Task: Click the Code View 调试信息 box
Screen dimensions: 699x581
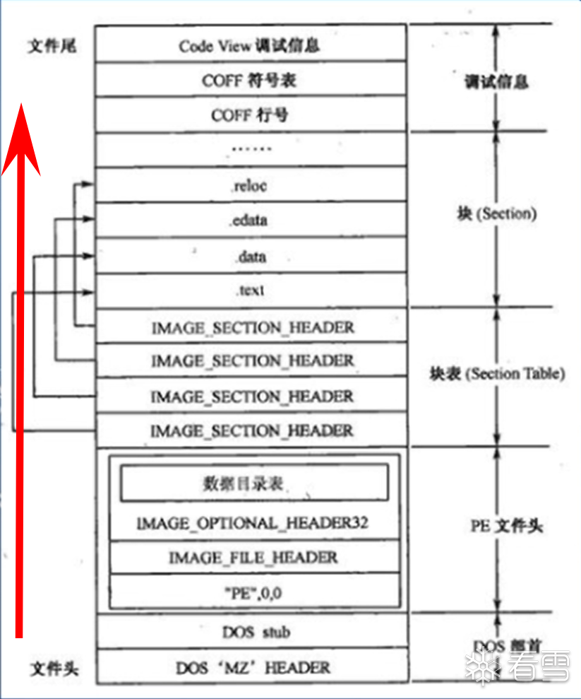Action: (x=250, y=46)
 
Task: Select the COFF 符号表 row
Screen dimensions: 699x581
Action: (x=250, y=81)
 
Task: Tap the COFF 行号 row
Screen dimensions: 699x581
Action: (x=250, y=115)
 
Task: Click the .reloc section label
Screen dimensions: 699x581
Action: (x=250, y=186)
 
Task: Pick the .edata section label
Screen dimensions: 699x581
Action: (x=250, y=221)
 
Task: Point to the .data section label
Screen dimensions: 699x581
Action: (x=250, y=256)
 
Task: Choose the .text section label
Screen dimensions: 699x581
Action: (x=250, y=290)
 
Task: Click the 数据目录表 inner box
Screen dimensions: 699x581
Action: (x=253, y=483)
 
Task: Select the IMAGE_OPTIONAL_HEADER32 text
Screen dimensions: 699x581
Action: (x=252, y=524)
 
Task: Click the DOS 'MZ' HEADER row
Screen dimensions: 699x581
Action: (x=252, y=666)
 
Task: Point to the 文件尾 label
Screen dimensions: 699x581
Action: (x=52, y=47)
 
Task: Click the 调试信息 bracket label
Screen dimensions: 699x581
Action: (x=496, y=82)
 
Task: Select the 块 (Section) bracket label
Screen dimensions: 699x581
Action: (x=496, y=213)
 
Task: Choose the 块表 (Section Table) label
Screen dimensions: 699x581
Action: (x=497, y=374)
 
